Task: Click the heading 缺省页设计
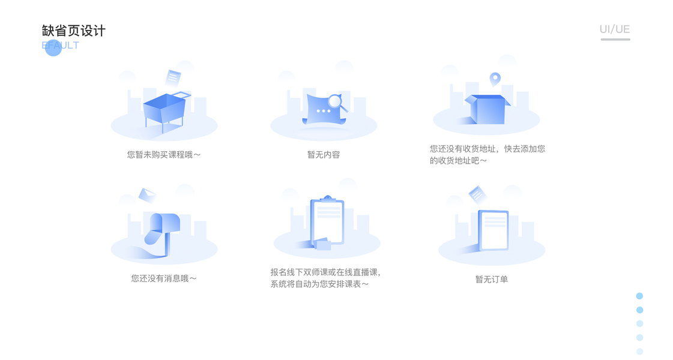[x=74, y=31]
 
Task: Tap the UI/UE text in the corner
[x=614, y=29]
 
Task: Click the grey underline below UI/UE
[x=615, y=40]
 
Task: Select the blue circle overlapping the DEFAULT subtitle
[x=53, y=47]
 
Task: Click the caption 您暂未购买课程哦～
[x=164, y=155]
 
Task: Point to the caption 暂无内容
[x=324, y=155]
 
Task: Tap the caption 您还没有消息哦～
[x=164, y=278]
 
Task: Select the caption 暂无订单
[x=492, y=279]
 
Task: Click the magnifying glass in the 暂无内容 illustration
[x=336, y=103]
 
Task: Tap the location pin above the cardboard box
[x=495, y=79]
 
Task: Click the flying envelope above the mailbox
[x=147, y=195]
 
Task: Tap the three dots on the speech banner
[x=324, y=111]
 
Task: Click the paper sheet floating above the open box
[x=174, y=77]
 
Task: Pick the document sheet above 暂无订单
[x=494, y=229]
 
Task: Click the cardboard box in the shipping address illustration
[x=487, y=110]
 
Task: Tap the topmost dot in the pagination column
[x=639, y=296]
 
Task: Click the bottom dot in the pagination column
[x=639, y=352]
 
